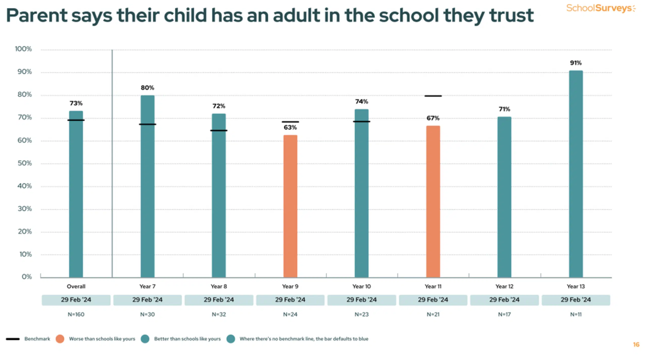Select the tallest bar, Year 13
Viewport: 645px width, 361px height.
(576, 174)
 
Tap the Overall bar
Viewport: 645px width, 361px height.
(76, 194)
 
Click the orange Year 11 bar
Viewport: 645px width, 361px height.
(433, 201)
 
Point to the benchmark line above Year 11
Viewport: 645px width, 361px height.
(433, 96)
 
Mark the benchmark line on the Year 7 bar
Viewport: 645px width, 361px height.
(147, 124)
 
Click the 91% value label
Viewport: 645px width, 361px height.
(576, 63)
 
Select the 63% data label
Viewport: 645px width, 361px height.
(290, 128)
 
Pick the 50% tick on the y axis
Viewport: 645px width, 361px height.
(25, 163)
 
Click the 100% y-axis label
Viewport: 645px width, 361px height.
(23, 49)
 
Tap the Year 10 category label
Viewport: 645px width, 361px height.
(362, 286)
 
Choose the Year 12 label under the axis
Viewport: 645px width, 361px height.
(504, 286)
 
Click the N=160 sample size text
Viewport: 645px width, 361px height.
(76, 314)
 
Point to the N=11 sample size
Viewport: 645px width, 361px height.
(576, 314)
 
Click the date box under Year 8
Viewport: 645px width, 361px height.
(219, 300)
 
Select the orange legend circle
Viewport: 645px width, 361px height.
(60, 339)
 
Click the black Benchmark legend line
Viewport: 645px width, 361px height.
(13, 339)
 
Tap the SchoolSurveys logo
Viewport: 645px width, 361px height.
(601, 8)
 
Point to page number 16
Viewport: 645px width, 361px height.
(636, 345)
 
